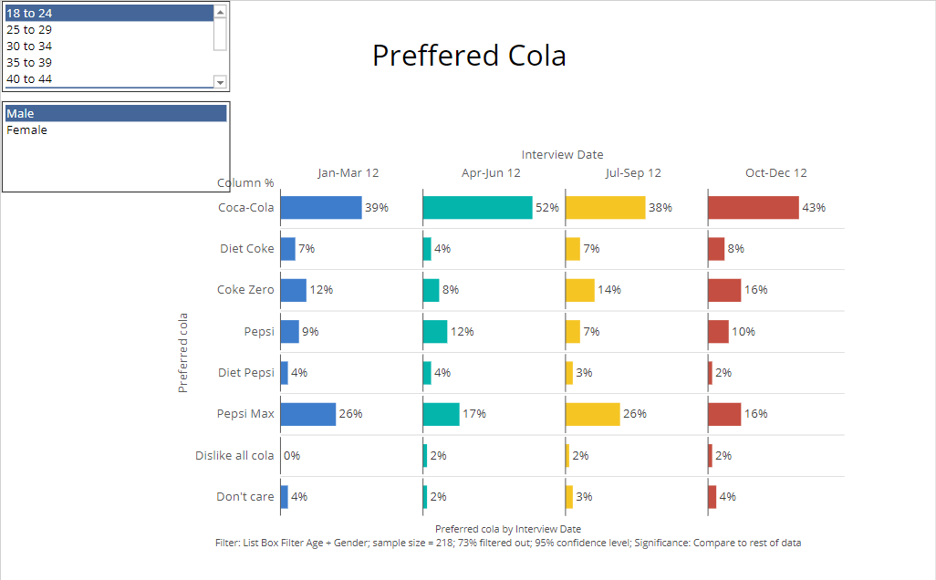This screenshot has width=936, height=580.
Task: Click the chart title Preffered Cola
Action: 469,56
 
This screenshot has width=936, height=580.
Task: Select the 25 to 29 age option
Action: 29,29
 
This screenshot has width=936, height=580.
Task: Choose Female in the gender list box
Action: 27,130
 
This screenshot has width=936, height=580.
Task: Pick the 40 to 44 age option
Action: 29,79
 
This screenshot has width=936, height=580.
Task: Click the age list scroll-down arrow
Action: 220,81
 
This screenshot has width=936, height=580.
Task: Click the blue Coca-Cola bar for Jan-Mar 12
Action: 320,208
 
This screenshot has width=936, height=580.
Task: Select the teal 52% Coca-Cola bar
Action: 477,208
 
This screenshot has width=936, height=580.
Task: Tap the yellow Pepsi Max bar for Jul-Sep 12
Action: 593,414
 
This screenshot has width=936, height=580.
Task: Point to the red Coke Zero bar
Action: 724,290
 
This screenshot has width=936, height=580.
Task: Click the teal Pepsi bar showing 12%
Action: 435,332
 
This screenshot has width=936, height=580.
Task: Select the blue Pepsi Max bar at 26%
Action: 308,414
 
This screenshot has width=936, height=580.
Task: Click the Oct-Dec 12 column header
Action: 775,173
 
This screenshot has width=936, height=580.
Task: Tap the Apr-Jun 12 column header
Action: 491,173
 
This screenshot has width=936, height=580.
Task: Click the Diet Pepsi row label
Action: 246,373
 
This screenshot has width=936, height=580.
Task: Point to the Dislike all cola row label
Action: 234,456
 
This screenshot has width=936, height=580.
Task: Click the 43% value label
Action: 814,208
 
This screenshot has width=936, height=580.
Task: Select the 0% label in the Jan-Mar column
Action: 292,456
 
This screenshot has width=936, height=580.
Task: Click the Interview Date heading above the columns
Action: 562,155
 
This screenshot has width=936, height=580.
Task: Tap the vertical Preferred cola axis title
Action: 183,353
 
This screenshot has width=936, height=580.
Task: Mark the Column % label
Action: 245,183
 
